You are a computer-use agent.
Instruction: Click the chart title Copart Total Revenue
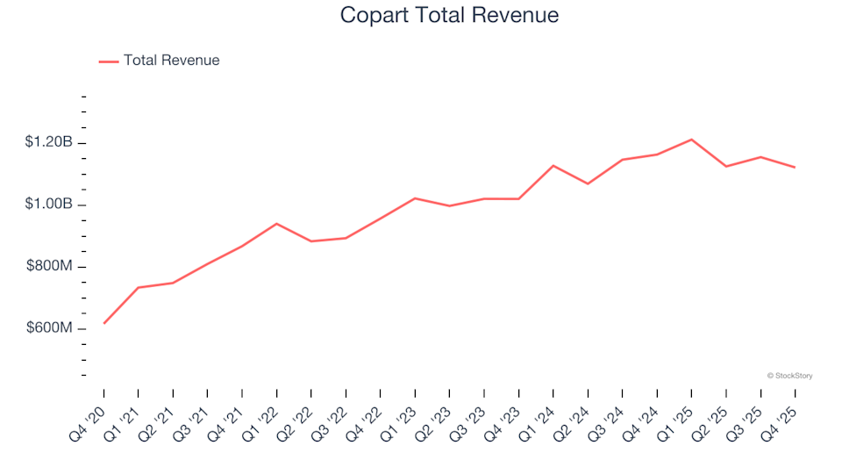448,16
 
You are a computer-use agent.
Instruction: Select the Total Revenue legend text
171,61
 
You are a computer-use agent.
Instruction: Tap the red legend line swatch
109,61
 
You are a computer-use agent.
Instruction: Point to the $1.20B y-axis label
48,142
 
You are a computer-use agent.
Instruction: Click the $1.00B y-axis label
48,205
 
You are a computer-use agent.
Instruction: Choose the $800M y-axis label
48,266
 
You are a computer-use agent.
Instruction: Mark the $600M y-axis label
48,328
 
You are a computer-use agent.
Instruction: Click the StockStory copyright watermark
789,376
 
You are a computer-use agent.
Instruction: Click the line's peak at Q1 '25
691,140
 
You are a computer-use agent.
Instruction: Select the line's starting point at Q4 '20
104,323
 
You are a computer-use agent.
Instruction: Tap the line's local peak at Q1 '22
277,223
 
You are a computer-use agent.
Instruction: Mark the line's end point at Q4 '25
795,167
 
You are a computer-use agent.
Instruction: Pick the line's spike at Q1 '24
553,165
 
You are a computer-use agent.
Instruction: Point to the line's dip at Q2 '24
588,183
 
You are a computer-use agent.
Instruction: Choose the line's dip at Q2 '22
311,241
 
